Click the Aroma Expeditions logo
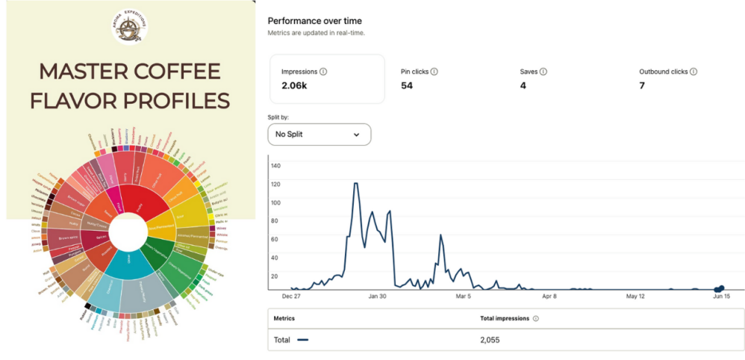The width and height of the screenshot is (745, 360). click(x=131, y=28)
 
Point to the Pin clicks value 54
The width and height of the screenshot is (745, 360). click(x=407, y=86)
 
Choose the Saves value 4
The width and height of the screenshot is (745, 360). click(x=523, y=86)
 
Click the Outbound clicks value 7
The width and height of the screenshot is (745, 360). click(x=642, y=86)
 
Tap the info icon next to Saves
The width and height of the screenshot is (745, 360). click(x=543, y=72)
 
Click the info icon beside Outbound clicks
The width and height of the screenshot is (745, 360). click(x=693, y=72)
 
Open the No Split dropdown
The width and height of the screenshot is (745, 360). click(x=319, y=134)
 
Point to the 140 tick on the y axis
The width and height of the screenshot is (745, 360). click(x=275, y=166)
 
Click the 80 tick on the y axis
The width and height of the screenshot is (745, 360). click(x=275, y=221)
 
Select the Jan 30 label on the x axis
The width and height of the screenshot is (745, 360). click(x=377, y=297)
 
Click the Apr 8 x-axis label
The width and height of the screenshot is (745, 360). click(x=549, y=297)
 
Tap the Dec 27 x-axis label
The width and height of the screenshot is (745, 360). click(x=291, y=297)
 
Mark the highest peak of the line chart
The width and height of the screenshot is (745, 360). click(x=356, y=184)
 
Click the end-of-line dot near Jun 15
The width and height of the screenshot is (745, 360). click(x=720, y=288)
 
